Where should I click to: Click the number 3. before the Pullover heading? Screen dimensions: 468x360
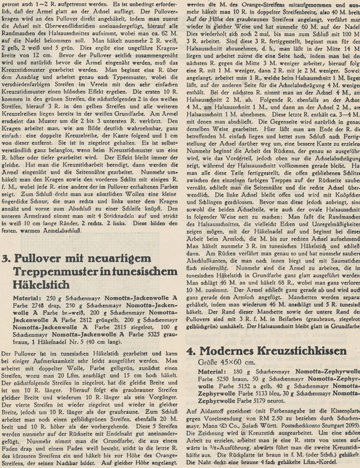(x=7, y=259)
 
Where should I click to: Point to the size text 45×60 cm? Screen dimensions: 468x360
(x=228, y=362)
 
